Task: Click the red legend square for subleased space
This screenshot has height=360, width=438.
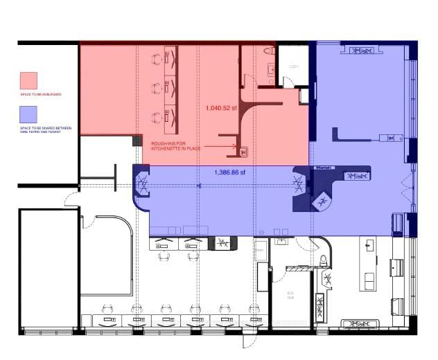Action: click(29, 80)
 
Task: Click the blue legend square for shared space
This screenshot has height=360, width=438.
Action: click(29, 113)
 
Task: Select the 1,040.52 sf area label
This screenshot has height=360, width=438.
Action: click(221, 108)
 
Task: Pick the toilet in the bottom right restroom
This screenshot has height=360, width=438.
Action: click(324, 261)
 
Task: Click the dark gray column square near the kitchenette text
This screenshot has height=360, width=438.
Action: click(137, 141)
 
